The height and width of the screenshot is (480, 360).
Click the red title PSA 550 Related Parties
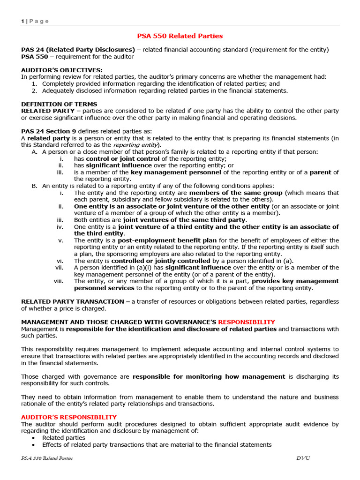[x=180, y=36]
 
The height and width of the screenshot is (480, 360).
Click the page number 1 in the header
[x=22, y=21]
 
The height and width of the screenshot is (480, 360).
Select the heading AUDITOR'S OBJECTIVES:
[x=62, y=70]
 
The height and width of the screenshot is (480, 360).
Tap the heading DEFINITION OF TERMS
[x=60, y=104]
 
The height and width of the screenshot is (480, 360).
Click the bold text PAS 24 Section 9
[x=48, y=131]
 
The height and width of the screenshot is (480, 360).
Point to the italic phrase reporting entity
[x=142, y=145]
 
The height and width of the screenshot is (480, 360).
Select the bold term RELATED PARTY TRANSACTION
[x=73, y=301]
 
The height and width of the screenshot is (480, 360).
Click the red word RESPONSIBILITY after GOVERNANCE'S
[x=247, y=322]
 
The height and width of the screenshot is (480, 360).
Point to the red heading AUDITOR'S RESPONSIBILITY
[x=69, y=417]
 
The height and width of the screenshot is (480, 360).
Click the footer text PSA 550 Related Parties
[x=47, y=458]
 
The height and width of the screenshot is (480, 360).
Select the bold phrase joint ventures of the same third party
[x=185, y=220]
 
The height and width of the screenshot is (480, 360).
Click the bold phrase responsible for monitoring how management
[x=209, y=376]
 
